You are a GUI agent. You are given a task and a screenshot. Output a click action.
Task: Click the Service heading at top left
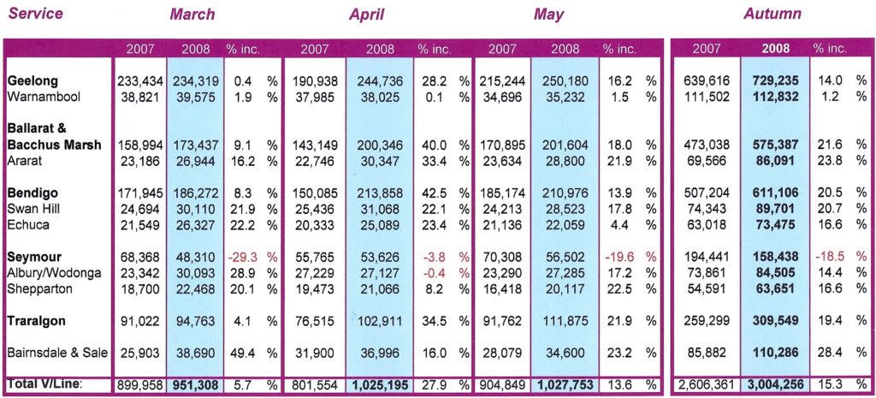click(x=35, y=13)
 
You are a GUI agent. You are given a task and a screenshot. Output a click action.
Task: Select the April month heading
click(x=366, y=15)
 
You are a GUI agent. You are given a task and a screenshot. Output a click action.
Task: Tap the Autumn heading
click(x=772, y=14)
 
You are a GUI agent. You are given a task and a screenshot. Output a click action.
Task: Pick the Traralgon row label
click(x=37, y=321)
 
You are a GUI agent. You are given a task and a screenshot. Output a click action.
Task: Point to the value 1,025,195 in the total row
click(x=377, y=385)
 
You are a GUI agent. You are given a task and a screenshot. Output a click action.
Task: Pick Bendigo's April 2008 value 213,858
click(x=379, y=193)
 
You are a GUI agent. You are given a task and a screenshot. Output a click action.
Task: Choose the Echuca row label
click(x=28, y=225)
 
